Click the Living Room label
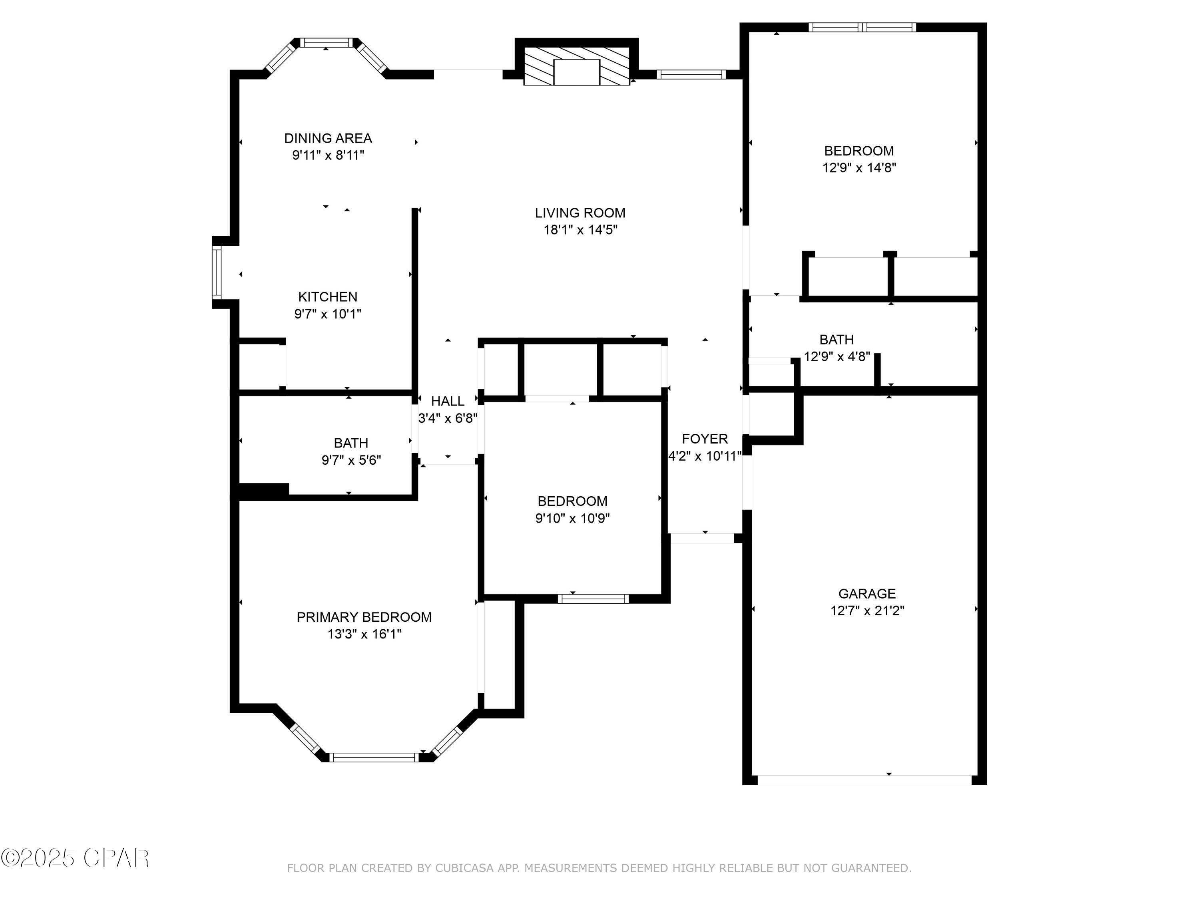click(x=580, y=213)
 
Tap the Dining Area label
click(x=328, y=138)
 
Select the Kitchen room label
click(x=328, y=297)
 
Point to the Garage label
click(x=867, y=593)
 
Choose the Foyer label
click(x=705, y=439)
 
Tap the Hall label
click(x=448, y=401)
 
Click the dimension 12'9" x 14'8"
click(x=859, y=167)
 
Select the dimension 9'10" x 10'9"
click(x=572, y=518)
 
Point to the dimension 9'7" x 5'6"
click(x=351, y=460)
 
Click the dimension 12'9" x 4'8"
click(x=837, y=356)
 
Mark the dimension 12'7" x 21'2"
click(x=867, y=611)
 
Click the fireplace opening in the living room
click(x=577, y=72)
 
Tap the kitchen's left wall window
click(x=217, y=272)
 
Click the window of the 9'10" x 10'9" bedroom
click(x=593, y=599)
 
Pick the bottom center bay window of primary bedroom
click(x=374, y=757)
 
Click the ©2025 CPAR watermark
click(x=76, y=858)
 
